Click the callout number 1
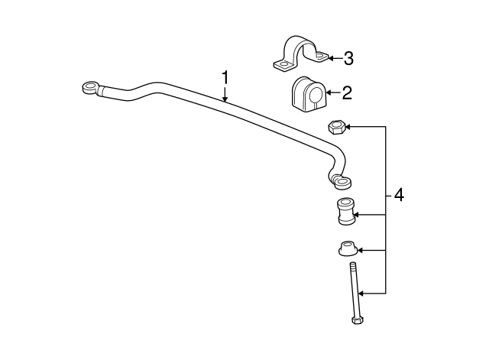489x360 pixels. click(x=225, y=78)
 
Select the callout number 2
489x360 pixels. click(x=347, y=92)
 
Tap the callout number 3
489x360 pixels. click(x=348, y=58)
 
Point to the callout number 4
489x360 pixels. click(x=399, y=196)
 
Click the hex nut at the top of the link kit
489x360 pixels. click(x=335, y=128)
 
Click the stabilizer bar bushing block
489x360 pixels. click(x=309, y=93)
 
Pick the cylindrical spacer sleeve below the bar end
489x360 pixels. click(x=346, y=210)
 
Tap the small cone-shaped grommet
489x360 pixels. click(x=347, y=248)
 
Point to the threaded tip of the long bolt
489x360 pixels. click(x=353, y=265)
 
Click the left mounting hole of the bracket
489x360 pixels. click(x=283, y=64)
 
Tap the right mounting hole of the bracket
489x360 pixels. click(x=321, y=56)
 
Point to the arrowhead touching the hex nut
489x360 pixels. click(x=348, y=127)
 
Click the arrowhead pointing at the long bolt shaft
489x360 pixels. click(x=361, y=294)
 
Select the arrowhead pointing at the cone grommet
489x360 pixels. click(x=361, y=250)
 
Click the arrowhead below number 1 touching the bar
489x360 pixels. click(x=225, y=99)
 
